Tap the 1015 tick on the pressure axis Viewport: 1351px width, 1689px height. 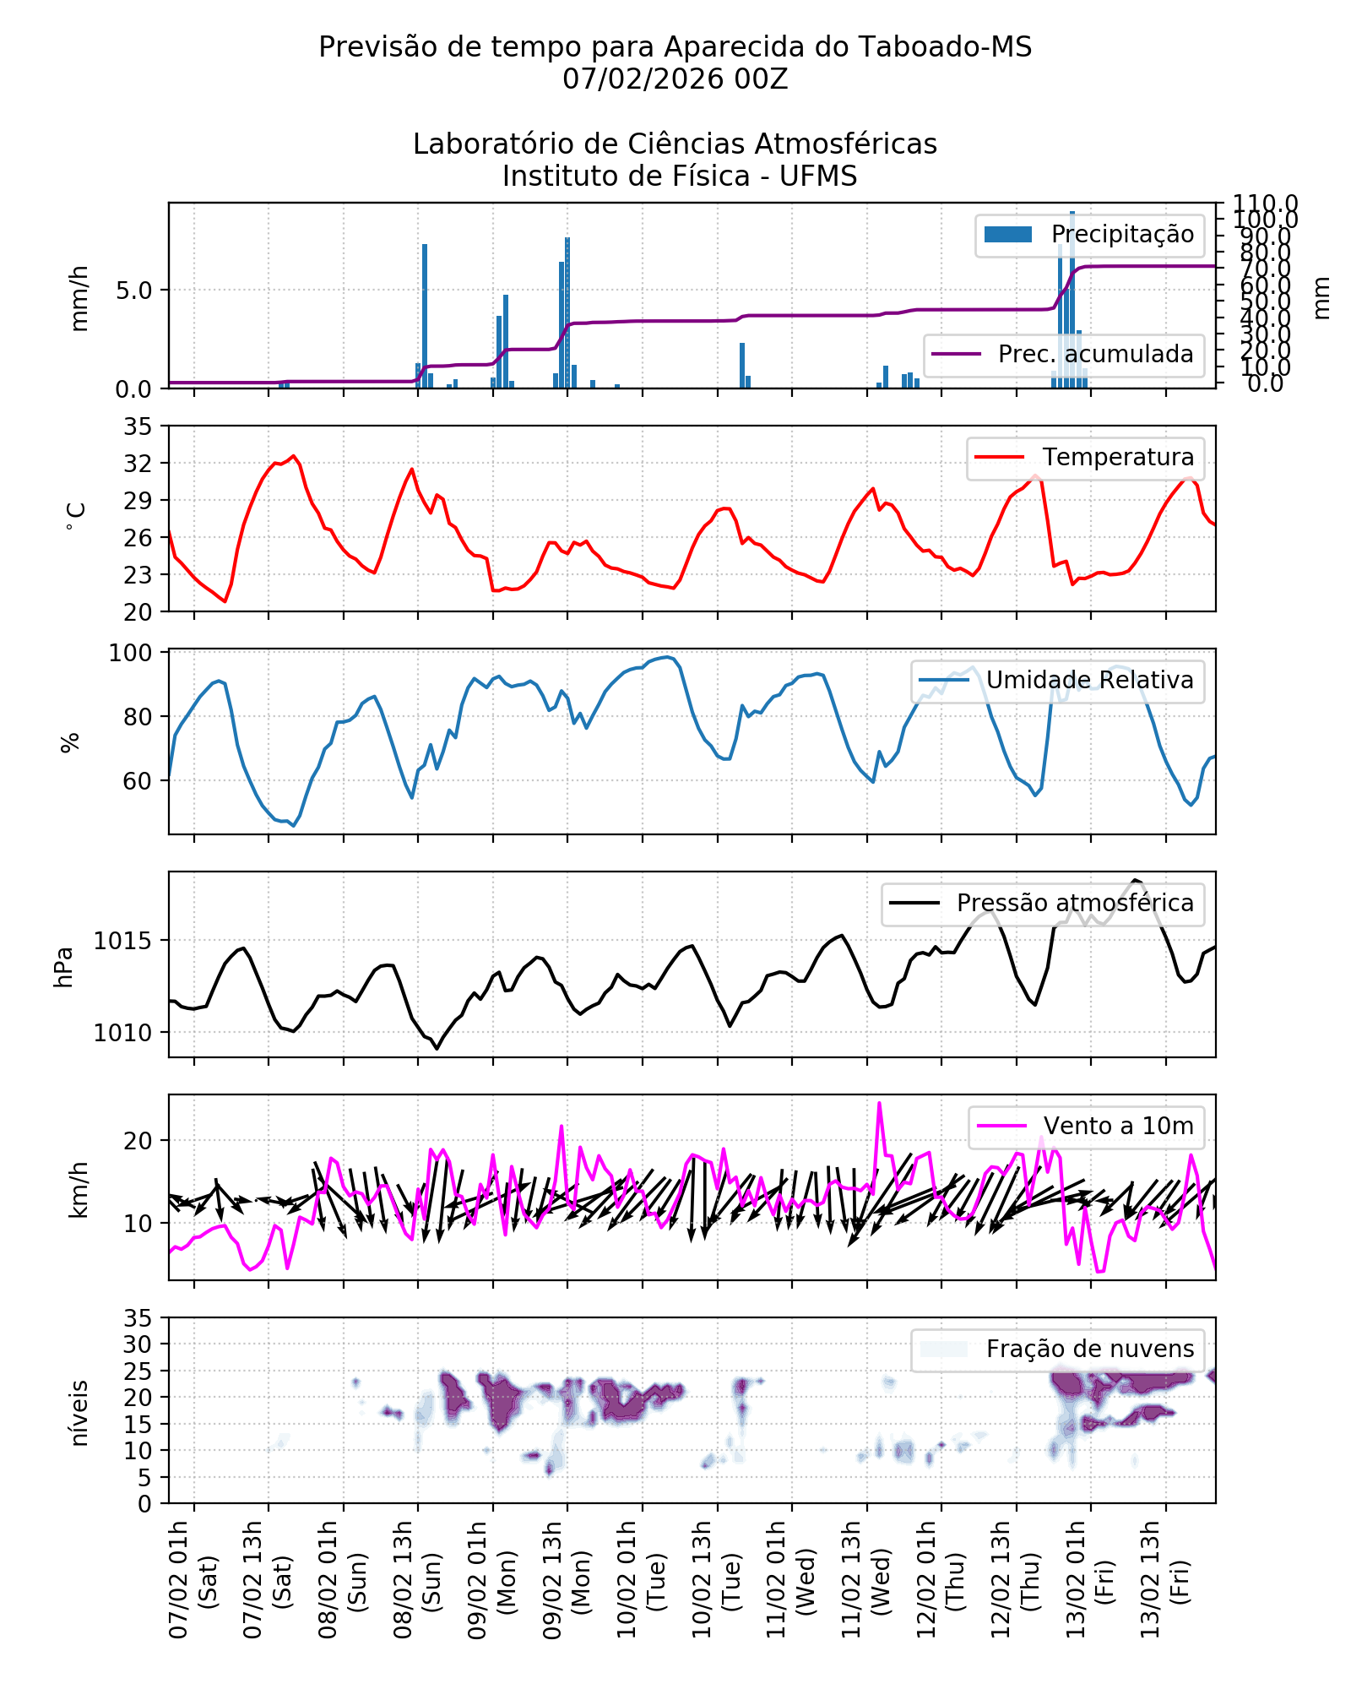tap(123, 941)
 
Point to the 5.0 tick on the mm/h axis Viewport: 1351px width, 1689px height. tap(133, 291)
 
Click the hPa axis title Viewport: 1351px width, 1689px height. tap(64, 966)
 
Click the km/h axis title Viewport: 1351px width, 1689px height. tap(79, 1189)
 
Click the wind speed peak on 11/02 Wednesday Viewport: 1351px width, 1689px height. tap(879, 1103)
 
